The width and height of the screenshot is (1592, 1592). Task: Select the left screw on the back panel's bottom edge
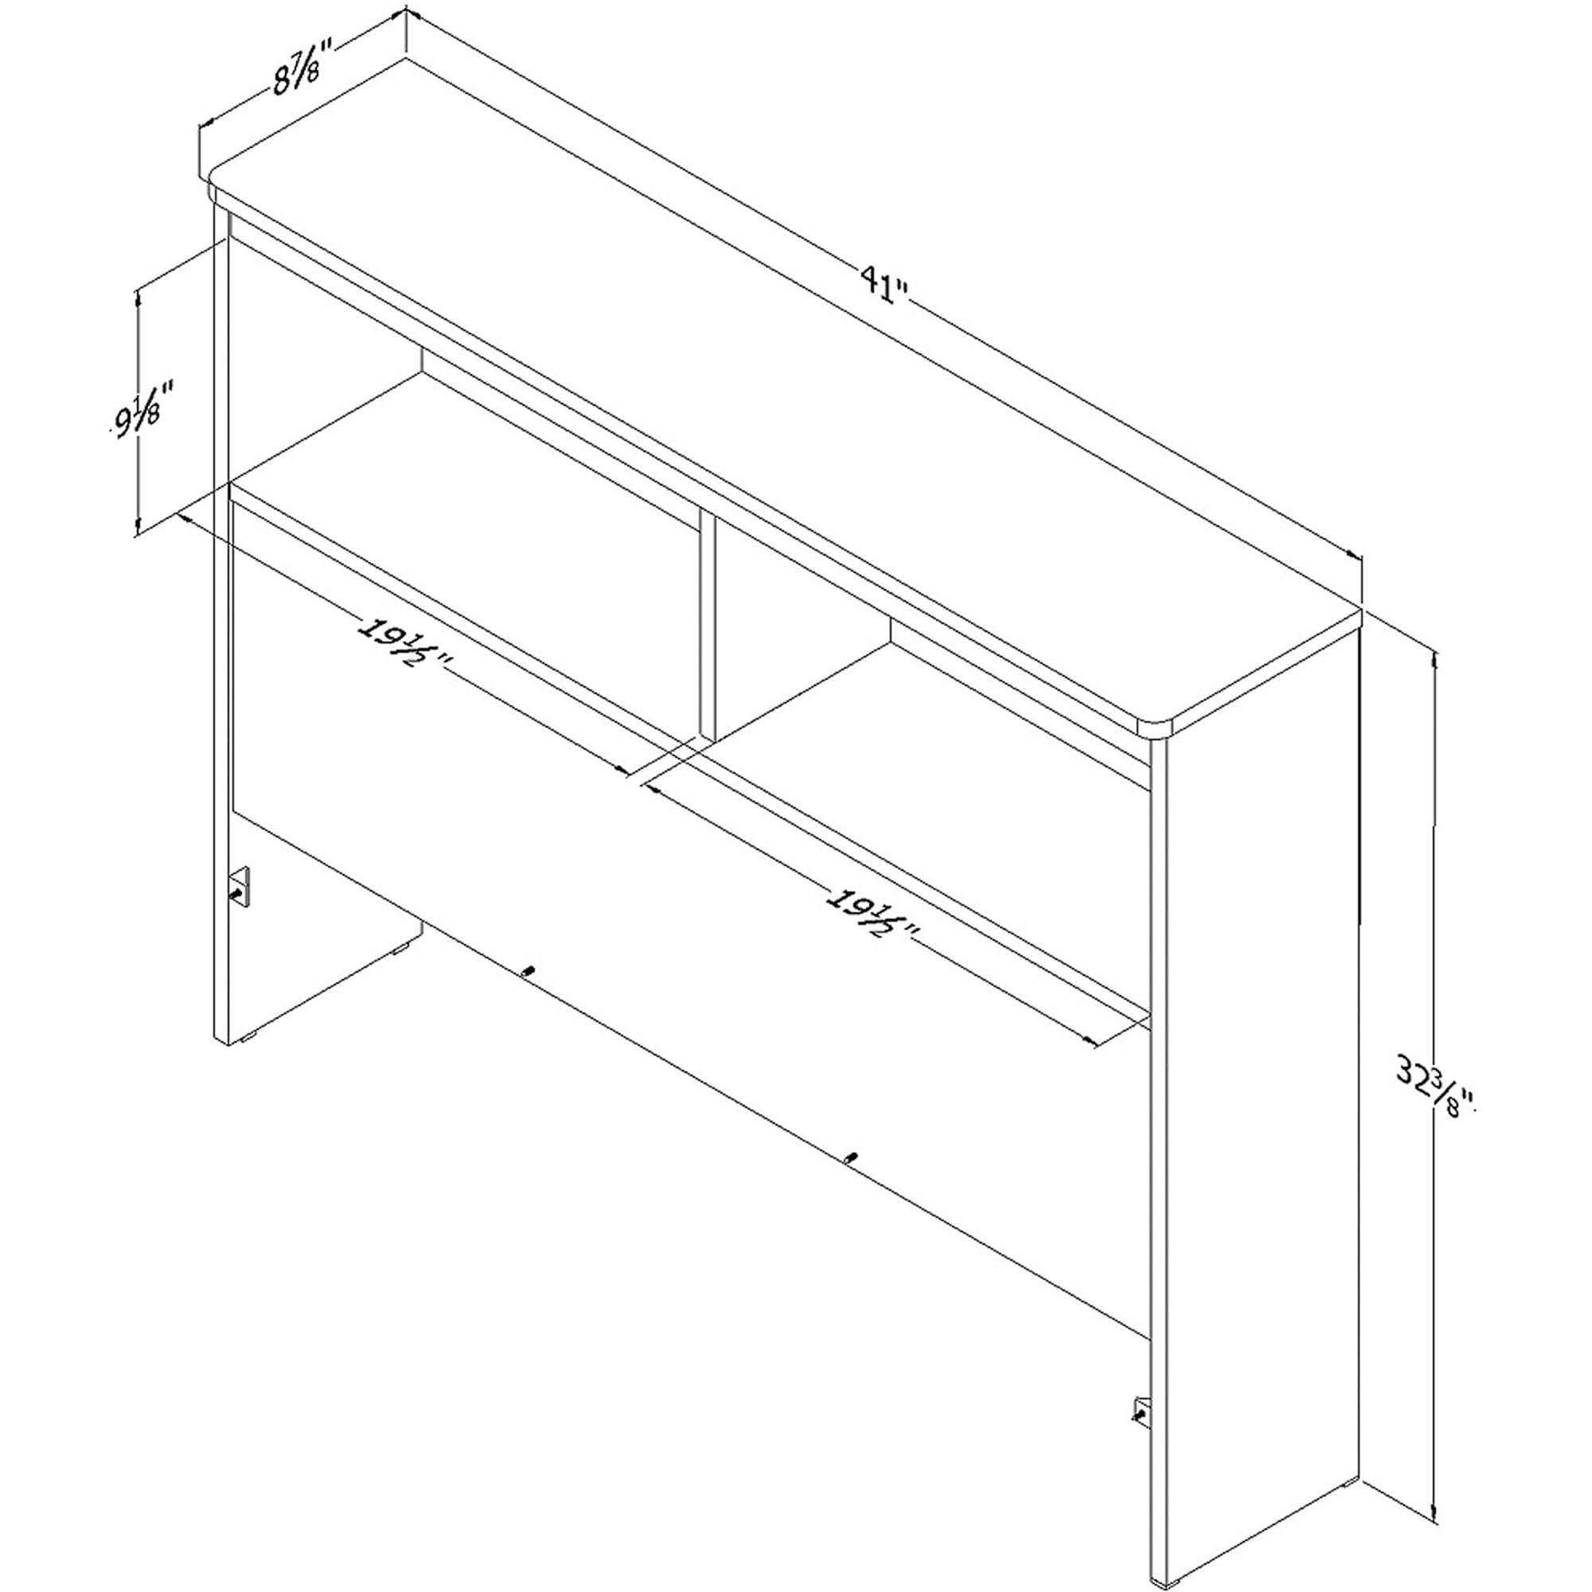click(x=529, y=970)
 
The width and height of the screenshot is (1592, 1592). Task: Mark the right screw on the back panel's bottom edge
click(x=850, y=1156)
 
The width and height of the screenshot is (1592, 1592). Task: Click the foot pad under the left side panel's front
click(x=247, y=1040)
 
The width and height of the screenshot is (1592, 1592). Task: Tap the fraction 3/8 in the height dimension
click(x=1446, y=1097)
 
